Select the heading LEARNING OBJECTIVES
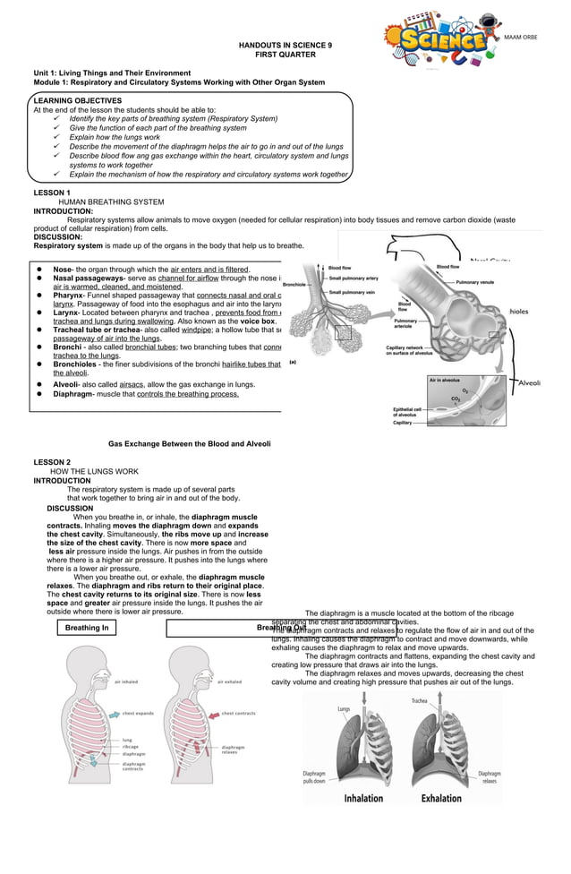coord(78,101)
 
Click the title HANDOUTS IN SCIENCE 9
coord(285,44)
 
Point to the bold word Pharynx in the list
coord(68,296)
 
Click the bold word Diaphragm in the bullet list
coord(72,394)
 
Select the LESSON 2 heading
coord(52,462)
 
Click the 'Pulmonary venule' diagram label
coord(474,282)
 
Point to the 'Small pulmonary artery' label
coord(354,278)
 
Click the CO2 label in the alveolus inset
coord(456,398)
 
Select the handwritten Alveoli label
coord(530,382)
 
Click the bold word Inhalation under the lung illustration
coord(363,799)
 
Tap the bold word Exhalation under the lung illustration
coord(441,799)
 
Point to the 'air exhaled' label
coord(231,681)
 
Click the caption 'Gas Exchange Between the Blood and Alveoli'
coord(189,443)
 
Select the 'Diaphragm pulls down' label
coord(314,776)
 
